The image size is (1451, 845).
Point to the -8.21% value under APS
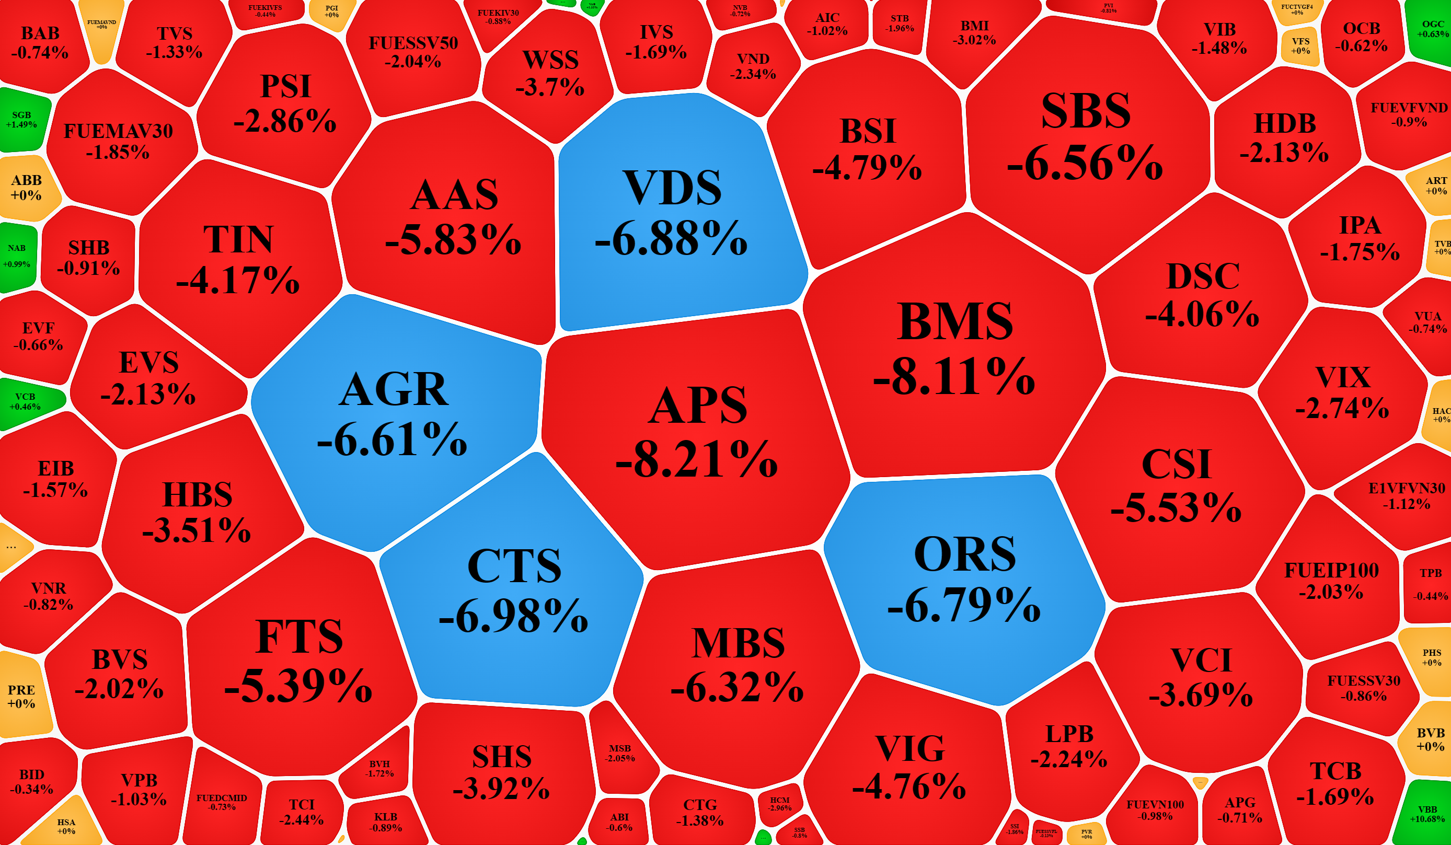click(697, 459)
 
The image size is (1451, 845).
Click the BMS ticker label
click(954, 321)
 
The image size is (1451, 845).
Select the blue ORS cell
click(964, 582)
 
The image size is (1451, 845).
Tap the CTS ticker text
click(514, 566)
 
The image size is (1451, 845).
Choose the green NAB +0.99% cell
click(17, 256)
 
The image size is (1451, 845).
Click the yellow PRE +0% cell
click(22, 697)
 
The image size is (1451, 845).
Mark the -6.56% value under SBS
click(1085, 164)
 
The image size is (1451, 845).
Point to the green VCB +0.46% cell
click(25, 402)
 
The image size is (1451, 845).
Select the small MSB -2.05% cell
click(620, 753)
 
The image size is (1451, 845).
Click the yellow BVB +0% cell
click(1430, 739)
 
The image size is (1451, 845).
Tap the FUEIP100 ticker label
click(1331, 571)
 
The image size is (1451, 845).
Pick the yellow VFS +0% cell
click(1300, 46)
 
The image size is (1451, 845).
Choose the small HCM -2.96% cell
click(780, 804)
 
